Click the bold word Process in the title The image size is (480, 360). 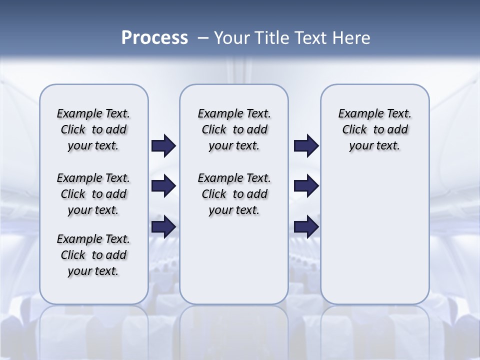coord(154,37)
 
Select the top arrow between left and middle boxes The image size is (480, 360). coord(163,146)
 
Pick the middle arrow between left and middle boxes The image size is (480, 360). coord(163,186)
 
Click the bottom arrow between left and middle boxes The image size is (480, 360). coord(163,226)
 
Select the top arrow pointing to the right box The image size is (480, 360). coord(306,146)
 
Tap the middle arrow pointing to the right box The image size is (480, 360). coord(306,186)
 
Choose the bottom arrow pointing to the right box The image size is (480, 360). coord(306,226)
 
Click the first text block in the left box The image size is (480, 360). coord(93,129)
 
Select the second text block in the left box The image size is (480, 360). coord(93,194)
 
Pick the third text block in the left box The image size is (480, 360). coord(93,255)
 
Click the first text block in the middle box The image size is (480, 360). coord(234,129)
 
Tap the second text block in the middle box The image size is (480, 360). coord(234,194)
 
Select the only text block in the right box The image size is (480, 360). coord(374,129)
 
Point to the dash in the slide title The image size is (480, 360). coord(203,38)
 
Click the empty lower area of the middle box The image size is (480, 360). coord(234,260)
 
